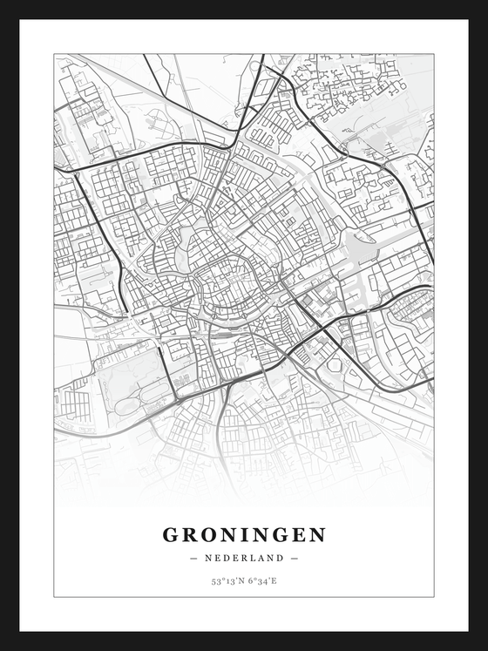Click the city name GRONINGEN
(244, 534)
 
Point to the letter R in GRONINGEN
(190, 534)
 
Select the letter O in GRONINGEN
(210, 534)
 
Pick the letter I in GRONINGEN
(249, 534)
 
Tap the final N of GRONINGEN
(318, 534)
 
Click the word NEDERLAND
(244, 558)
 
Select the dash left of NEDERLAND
(193, 558)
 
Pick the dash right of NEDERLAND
(295, 558)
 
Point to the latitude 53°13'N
(227, 580)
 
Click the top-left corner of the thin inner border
(54, 54)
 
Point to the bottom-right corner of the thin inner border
(433, 597)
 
